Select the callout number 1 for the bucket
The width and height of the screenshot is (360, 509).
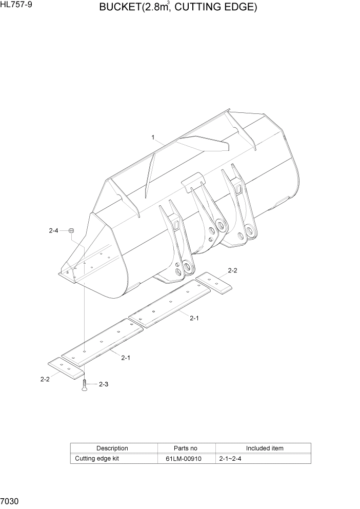pos(153,137)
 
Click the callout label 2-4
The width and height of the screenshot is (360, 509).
pos(54,231)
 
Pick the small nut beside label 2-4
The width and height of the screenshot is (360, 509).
pos(72,230)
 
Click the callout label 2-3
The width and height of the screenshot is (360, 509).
pos(103,384)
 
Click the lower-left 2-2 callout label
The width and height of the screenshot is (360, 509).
pos(45,379)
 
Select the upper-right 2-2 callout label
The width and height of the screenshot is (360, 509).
pos(232,270)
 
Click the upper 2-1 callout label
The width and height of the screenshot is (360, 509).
pos(194,318)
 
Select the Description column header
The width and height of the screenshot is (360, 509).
pos(112,448)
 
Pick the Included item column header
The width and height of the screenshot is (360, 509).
pos(264,448)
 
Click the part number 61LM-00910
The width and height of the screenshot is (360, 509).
pos(187,459)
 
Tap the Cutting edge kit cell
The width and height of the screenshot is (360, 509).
pos(97,459)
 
